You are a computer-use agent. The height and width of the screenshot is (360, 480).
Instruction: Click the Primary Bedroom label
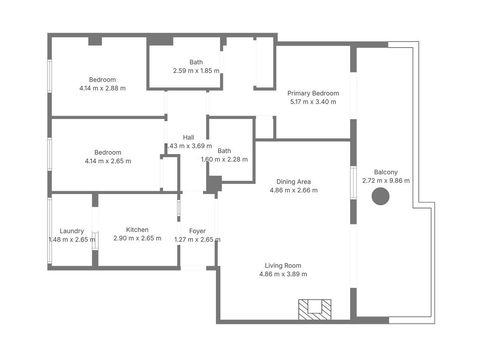(x=313, y=93)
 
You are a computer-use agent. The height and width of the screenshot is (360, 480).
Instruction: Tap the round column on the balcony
(x=380, y=196)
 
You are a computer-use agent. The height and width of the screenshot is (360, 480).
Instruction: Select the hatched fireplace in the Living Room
(x=315, y=310)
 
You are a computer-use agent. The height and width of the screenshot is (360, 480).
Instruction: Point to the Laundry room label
(x=72, y=231)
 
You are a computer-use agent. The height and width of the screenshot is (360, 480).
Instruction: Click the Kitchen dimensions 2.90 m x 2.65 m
(x=137, y=238)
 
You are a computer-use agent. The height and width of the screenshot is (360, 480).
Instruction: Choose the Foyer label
(x=197, y=231)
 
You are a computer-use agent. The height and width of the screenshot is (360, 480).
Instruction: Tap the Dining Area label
(x=294, y=182)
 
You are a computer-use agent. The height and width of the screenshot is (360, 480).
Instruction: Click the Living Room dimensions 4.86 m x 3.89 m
(x=283, y=274)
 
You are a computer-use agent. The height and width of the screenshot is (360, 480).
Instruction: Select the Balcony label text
(x=386, y=172)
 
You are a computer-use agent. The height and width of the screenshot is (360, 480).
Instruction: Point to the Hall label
(x=188, y=137)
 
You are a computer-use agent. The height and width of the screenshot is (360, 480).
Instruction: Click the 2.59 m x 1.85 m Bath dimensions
(x=196, y=71)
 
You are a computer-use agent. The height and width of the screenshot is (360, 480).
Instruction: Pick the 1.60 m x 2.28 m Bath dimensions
(x=224, y=160)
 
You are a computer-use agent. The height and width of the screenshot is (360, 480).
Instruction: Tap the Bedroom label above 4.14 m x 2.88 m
(x=102, y=80)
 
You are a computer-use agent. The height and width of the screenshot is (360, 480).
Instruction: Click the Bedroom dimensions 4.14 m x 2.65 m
(x=108, y=161)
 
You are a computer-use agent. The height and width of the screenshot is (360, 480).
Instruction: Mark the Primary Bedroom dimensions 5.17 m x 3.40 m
(x=313, y=102)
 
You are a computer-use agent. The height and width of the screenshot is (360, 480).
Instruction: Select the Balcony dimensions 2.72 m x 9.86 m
(x=386, y=181)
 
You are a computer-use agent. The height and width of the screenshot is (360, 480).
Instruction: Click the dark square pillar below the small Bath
(x=214, y=184)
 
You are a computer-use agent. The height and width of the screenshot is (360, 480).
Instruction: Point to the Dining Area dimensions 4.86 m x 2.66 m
(x=294, y=190)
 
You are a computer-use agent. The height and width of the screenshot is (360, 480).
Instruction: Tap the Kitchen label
(x=137, y=230)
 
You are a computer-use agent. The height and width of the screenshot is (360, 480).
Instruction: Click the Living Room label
(x=283, y=266)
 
